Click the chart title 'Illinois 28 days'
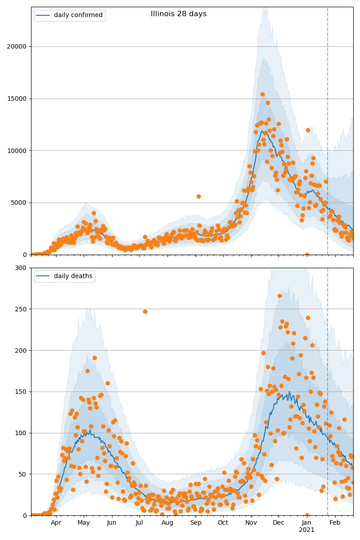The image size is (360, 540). click(179, 14)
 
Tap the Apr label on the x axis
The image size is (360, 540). click(56, 522)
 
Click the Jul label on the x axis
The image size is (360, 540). click(139, 522)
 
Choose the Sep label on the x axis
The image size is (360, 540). click(196, 522)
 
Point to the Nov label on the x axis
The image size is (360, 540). click(251, 522)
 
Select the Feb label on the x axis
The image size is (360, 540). click(334, 522)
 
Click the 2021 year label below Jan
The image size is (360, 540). click(306, 530)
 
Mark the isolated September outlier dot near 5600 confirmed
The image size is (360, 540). click(198, 196)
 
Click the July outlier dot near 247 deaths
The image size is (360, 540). click(145, 311)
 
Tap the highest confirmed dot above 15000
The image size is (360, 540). click(262, 94)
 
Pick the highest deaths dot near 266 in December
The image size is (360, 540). click(279, 296)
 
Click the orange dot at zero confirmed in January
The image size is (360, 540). click(307, 255)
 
